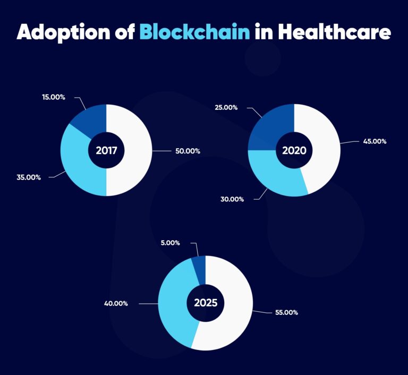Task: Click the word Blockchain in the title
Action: (194, 32)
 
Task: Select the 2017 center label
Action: (106, 150)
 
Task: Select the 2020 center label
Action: (294, 150)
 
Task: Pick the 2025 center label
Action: (205, 303)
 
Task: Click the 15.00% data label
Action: (54, 97)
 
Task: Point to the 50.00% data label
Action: (188, 151)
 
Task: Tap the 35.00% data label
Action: (29, 177)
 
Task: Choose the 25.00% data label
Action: (226, 107)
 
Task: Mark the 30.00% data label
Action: (232, 199)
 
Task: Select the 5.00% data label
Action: (170, 243)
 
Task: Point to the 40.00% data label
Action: (115, 303)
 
